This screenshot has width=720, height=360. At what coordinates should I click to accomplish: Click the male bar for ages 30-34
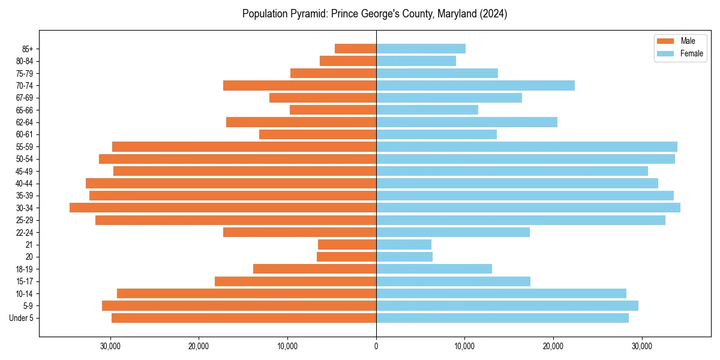[x=223, y=208]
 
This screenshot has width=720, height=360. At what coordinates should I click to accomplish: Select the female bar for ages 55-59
[x=527, y=146]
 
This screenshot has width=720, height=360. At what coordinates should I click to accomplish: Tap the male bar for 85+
[x=355, y=49]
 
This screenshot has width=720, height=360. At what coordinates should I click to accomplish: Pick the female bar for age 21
[x=404, y=244]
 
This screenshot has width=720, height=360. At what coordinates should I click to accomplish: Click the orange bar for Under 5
[x=244, y=318]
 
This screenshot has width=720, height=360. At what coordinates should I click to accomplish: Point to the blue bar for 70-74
[x=475, y=85]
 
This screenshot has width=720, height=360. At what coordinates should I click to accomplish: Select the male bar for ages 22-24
[x=299, y=232]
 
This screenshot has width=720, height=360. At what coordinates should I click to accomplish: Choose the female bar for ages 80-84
[x=416, y=61]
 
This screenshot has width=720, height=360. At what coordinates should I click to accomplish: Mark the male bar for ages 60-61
[x=317, y=134]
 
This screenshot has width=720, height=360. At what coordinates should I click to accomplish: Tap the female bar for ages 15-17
[x=453, y=281]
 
